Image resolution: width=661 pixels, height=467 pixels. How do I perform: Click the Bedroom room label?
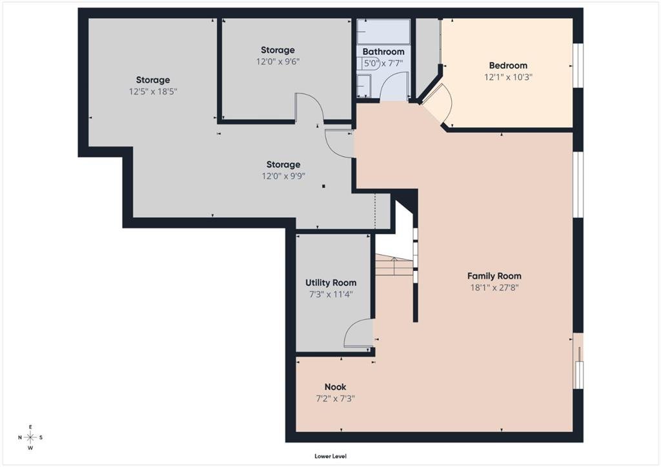coord(508,65)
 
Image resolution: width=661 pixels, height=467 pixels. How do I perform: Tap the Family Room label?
coord(494,276)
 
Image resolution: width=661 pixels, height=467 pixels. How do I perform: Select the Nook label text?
coord(335,386)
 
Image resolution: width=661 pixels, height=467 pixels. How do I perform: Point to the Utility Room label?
coord(331,283)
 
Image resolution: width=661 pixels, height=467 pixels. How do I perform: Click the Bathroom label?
coord(383,52)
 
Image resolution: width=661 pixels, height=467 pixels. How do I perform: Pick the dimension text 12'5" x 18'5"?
coord(153,92)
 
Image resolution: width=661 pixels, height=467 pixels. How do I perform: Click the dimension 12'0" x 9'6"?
coord(278,61)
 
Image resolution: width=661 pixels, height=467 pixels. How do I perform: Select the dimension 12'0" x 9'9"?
coord(283,176)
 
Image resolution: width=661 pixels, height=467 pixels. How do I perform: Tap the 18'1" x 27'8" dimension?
coord(494,288)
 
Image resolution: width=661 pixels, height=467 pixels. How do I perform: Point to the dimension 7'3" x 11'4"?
coord(331,294)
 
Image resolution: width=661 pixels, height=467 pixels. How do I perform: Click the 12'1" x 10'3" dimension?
coord(508,77)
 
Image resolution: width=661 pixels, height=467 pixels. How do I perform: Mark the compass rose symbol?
coord(30,437)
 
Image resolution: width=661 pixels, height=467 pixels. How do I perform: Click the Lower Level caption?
coord(330,456)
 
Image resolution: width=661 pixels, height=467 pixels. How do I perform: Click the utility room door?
coord(358,333)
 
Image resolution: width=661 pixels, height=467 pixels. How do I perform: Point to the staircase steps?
coord(394,265)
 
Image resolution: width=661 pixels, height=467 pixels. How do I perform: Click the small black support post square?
coord(323,186)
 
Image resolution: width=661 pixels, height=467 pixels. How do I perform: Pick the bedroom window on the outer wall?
coord(578,65)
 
